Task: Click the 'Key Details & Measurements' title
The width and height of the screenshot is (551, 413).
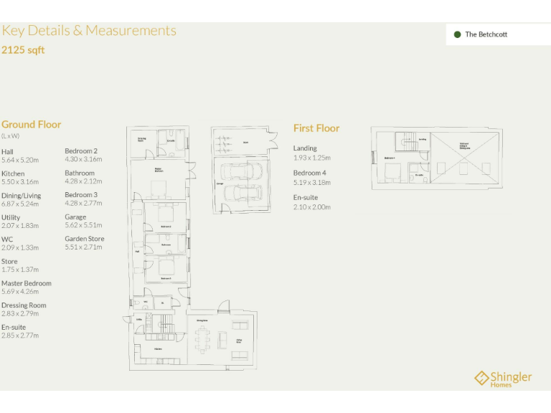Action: click(x=89, y=31)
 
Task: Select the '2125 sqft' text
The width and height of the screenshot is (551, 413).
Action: click(x=23, y=50)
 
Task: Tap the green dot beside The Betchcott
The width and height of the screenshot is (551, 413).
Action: click(x=457, y=34)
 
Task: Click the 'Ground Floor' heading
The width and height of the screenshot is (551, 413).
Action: click(x=32, y=124)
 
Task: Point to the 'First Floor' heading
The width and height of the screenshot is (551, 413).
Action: click(x=316, y=128)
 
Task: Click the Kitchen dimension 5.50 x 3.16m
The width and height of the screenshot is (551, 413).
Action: click(x=20, y=181)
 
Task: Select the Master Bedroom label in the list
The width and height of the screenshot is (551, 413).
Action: click(x=27, y=283)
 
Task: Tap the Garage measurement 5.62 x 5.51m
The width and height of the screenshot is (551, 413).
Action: click(x=83, y=225)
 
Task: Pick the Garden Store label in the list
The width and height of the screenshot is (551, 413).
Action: click(x=85, y=239)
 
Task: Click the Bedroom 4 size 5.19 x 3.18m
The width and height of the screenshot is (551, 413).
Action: click(x=312, y=182)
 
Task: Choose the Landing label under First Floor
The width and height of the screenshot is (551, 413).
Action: click(x=305, y=148)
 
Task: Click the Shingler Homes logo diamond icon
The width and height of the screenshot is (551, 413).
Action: click(x=481, y=378)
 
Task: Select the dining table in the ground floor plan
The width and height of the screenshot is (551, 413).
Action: click(x=202, y=339)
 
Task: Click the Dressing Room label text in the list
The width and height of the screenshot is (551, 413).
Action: click(x=24, y=305)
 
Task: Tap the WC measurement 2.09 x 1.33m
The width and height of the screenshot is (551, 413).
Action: click(x=20, y=247)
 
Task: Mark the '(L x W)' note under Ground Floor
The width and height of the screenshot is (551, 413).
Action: click(x=11, y=136)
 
